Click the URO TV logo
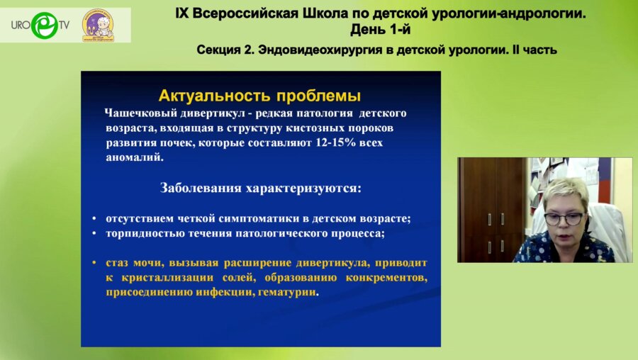pos(39,26)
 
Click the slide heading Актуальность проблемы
pos(259,96)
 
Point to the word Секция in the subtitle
pos(218,50)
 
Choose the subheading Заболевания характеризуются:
pos(261,189)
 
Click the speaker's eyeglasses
pos(564,218)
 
